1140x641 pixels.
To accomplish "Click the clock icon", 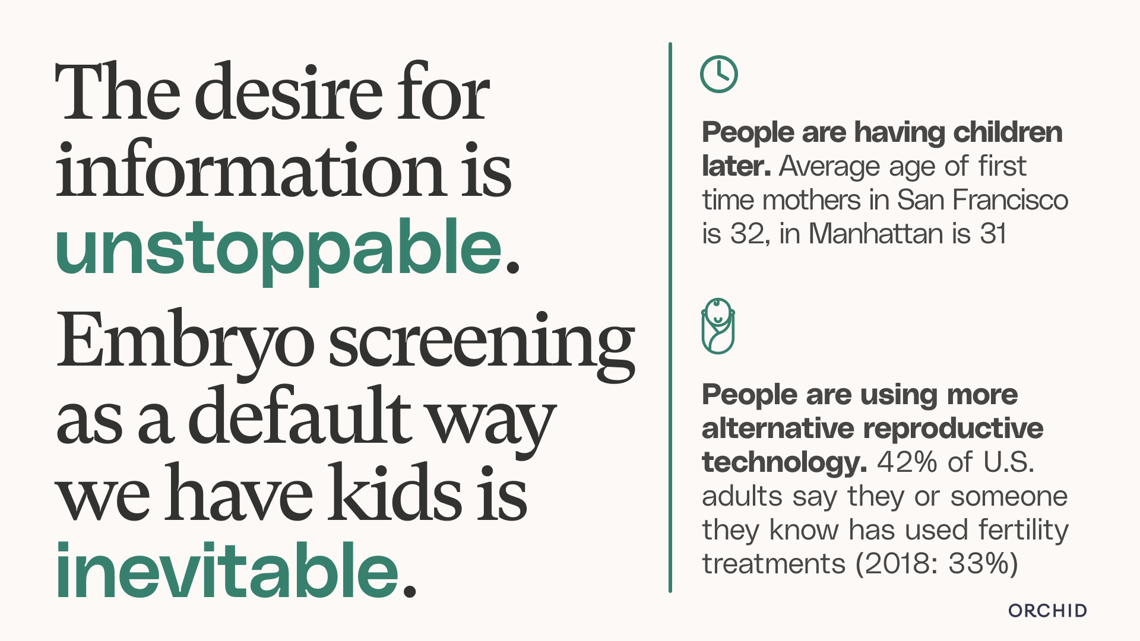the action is coord(718,74).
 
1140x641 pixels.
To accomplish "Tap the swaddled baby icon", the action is coord(718,326).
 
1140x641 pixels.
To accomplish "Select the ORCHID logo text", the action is coord(1047,611).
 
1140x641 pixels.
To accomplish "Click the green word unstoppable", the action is coord(279,249).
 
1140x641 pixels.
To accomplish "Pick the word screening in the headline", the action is coord(482,344).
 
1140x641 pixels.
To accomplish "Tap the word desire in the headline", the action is coord(289,92).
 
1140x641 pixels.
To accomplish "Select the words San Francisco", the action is coord(982,200).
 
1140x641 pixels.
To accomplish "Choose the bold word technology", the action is coord(784,463).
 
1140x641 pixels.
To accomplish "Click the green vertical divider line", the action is coord(670,318).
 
